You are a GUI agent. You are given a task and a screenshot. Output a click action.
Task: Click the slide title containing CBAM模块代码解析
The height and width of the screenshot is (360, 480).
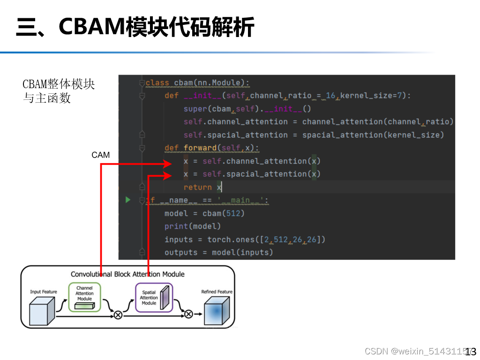point(135,27)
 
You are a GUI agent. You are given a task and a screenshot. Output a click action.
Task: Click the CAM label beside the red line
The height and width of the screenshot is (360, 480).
point(101,155)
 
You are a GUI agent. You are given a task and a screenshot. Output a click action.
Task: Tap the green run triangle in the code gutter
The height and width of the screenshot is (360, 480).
point(128,200)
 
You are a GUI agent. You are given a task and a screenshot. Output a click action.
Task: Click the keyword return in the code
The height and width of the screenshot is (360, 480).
point(197,187)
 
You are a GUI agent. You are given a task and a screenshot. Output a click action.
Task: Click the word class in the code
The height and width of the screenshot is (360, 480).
point(157,83)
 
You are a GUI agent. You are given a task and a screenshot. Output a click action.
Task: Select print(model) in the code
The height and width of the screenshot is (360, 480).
point(192,226)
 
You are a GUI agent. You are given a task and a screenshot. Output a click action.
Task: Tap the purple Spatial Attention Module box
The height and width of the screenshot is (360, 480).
point(154,297)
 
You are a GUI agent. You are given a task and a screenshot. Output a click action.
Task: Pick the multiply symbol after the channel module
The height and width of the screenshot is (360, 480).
point(118,315)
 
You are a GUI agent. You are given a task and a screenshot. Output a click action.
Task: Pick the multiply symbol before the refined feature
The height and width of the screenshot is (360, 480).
point(188,314)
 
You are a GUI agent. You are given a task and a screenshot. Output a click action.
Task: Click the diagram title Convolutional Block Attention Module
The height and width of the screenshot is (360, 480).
point(127,274)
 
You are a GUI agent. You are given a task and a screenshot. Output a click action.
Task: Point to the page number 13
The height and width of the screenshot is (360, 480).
point(471,351)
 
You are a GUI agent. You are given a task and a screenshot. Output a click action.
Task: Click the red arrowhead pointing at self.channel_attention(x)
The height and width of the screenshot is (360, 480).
point(167,164)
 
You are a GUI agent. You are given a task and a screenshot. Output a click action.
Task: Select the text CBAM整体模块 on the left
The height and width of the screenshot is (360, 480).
point(59,84)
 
